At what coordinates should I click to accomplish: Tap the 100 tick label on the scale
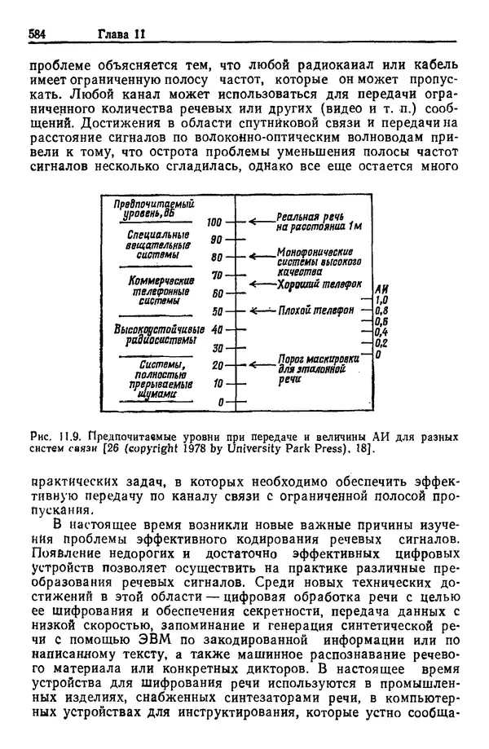(x=214, y=222)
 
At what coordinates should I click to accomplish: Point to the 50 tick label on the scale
(x=215, y=311)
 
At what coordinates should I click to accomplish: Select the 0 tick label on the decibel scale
(x=218, y=402)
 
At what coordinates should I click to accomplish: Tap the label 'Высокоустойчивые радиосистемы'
(x=153, y=334)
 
